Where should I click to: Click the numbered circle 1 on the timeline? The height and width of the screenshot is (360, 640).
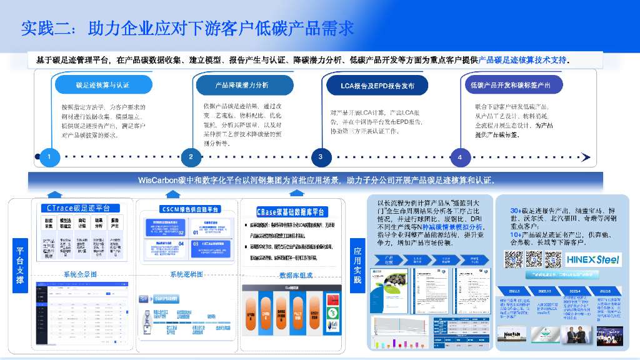tap(49, 156)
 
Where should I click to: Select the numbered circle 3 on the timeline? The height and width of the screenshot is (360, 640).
tap(320, 156)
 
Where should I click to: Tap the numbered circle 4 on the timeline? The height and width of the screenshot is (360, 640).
tap(460, 157)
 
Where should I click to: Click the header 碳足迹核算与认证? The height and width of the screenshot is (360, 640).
tap(102, 85)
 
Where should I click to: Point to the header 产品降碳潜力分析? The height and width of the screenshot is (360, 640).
tap(241, 85)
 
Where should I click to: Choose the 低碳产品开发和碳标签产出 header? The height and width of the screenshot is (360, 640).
tap(511, 85)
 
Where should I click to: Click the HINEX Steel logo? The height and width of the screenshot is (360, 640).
tap(592, 259)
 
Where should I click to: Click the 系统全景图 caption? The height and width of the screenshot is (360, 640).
tap(80, 274)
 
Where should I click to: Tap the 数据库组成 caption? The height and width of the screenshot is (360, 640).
tap(296, 275)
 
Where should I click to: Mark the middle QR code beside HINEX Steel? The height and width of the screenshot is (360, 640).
tap(534, 259)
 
